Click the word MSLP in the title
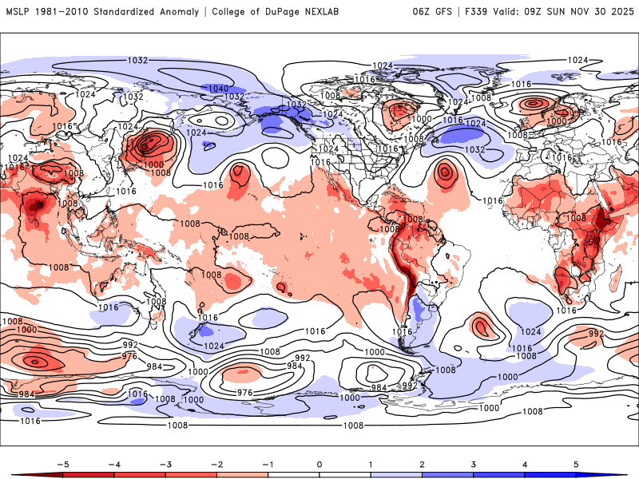[18, 11]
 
